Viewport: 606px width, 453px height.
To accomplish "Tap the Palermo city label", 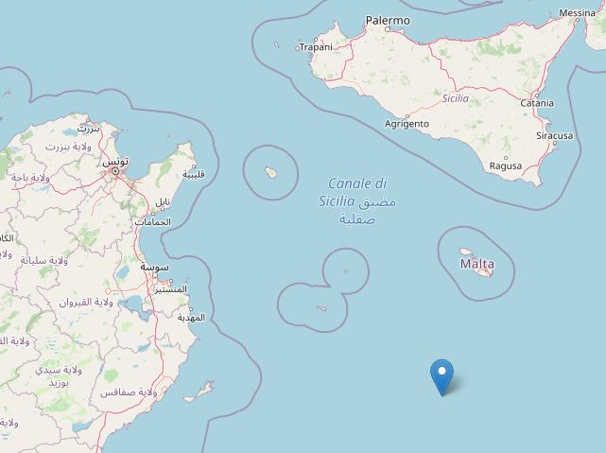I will click(389, 20).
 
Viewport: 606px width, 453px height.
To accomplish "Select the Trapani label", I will click(316, 46).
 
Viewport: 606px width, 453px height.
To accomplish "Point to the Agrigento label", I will click(407, 124).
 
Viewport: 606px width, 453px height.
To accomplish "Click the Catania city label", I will click(536, 103).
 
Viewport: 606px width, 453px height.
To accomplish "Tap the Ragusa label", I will click(506, 166).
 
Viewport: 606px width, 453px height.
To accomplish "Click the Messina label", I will click(578, 13).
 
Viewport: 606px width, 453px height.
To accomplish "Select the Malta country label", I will click(476, 264).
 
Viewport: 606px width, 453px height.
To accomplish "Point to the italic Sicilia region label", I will click(456, 97).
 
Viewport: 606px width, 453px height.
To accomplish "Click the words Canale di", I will click(358, 183).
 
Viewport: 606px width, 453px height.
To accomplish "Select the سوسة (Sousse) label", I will click(156, 268).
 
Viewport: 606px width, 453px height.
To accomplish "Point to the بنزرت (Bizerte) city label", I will click(88, 128).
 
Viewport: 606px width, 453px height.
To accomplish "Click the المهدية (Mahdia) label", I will click(190, 317).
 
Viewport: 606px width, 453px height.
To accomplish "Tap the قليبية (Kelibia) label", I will click(193, 175).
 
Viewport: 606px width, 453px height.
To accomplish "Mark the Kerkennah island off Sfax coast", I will click(200, 392).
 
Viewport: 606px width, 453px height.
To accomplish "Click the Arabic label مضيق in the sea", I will click(378, 202).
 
